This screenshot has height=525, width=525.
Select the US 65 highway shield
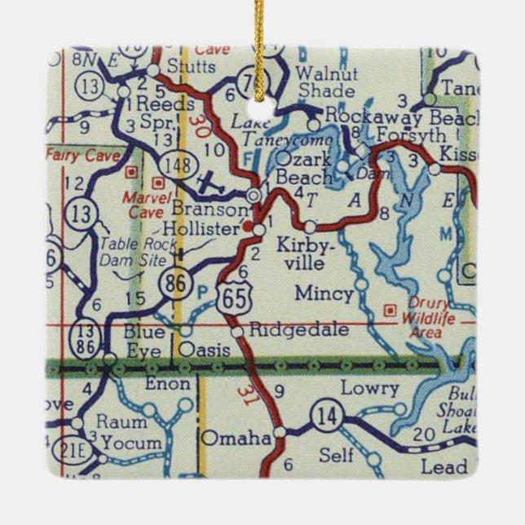pyautogui.click(x=230, y=297)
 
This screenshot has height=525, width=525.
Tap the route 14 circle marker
pyautogui.click(x=326, y=417)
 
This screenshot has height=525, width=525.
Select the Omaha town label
pyautogui.click(x=236, y=438)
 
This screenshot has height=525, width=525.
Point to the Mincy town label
pyautogui.click(x=324, y=293)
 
